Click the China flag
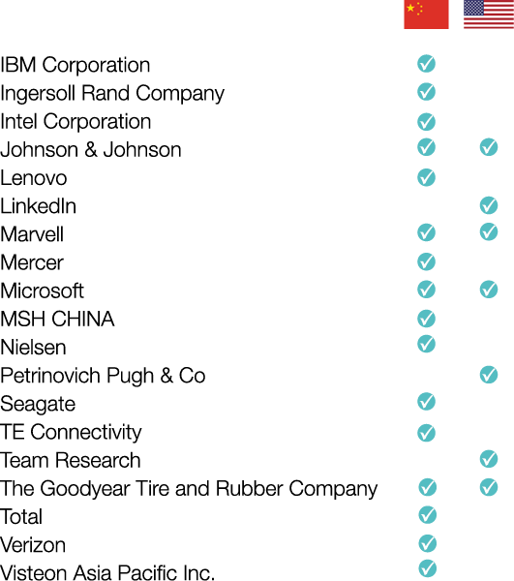(426, 15)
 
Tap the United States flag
(489, 15)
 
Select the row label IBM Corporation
(76, 65)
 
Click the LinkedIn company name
(38, 206)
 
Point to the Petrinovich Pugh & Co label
(103, 376)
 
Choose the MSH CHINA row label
(57, 319)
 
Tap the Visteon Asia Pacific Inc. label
(107, 572)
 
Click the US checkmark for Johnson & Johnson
(489, 147)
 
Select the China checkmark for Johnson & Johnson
(426, 147)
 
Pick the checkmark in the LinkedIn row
(489, 205)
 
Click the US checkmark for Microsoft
(489, 290)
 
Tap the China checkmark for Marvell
(426, 232)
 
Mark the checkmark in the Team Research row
(489, 459)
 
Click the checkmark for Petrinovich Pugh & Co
(489, 375)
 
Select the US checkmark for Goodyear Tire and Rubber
(489, 487)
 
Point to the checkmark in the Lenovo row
(426, 177)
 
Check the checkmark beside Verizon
(428, 543)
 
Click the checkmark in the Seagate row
(426, 401)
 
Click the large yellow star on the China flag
(410, 8)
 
